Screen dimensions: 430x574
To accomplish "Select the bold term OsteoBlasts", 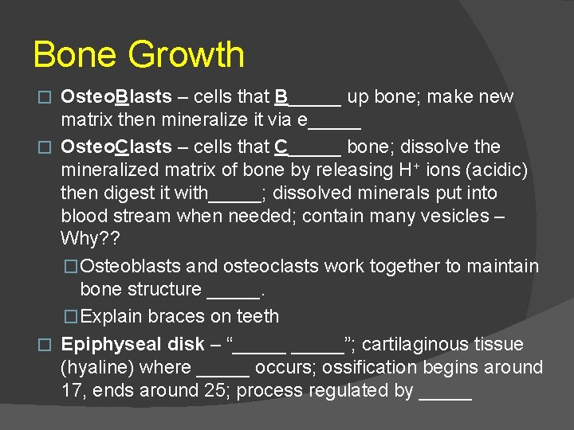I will tap(116, 97).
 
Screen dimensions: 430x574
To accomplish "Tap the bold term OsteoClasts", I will tap(116, 147).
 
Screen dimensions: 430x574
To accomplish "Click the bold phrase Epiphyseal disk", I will tap(132, 344).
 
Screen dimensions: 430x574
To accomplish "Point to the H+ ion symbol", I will tap(408, 170).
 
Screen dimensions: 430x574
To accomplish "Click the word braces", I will tap(176, 316).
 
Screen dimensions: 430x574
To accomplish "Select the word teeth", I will tap(257, 316).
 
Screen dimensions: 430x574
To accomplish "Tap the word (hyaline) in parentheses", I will tap(96, 368).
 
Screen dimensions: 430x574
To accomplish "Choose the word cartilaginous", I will tap(427, 344).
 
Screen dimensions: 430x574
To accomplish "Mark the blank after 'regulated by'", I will tap(446, 393).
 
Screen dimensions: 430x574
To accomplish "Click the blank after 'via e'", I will tap(335, 123).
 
